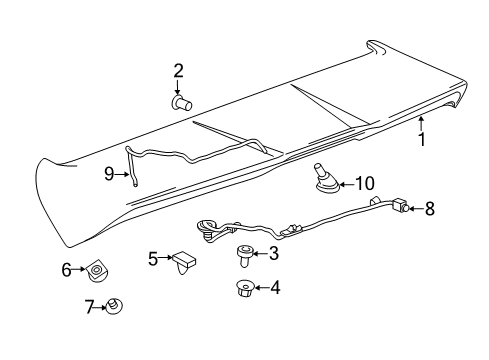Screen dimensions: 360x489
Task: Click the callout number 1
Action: (x=421, y=140)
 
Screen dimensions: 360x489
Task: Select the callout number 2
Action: (x=178, y=70)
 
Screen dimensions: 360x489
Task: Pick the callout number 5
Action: (x=153, y=260)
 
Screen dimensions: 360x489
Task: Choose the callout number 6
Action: (x=67, y=270)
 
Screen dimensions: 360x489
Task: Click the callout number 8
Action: (x=430, y=209)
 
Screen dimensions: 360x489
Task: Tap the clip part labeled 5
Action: (x=182, y=262)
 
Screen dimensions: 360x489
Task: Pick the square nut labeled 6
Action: (x=97, y=270)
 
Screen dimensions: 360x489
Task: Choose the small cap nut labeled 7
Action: (x=116, y=305)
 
